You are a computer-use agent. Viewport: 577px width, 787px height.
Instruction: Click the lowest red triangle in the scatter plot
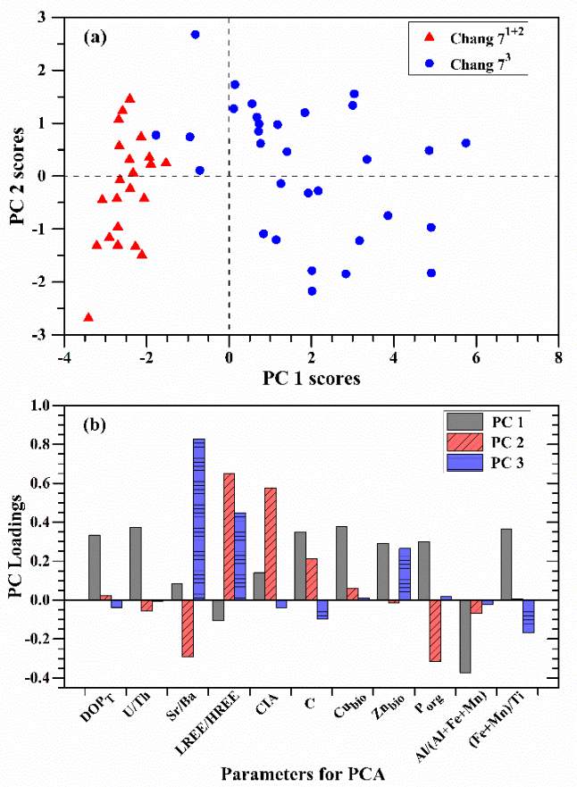(x=88, y=317)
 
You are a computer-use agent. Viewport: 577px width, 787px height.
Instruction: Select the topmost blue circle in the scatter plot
(x=195, y=34)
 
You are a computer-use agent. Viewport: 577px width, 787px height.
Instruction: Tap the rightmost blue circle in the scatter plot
(x=465, y=143)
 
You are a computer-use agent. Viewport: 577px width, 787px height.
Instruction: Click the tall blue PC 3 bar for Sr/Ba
(x=199, y=519)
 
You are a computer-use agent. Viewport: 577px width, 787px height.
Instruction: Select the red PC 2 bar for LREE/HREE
(x=229, y=536)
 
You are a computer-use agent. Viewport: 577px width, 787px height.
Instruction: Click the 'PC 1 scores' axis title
(x=313, y=378)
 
